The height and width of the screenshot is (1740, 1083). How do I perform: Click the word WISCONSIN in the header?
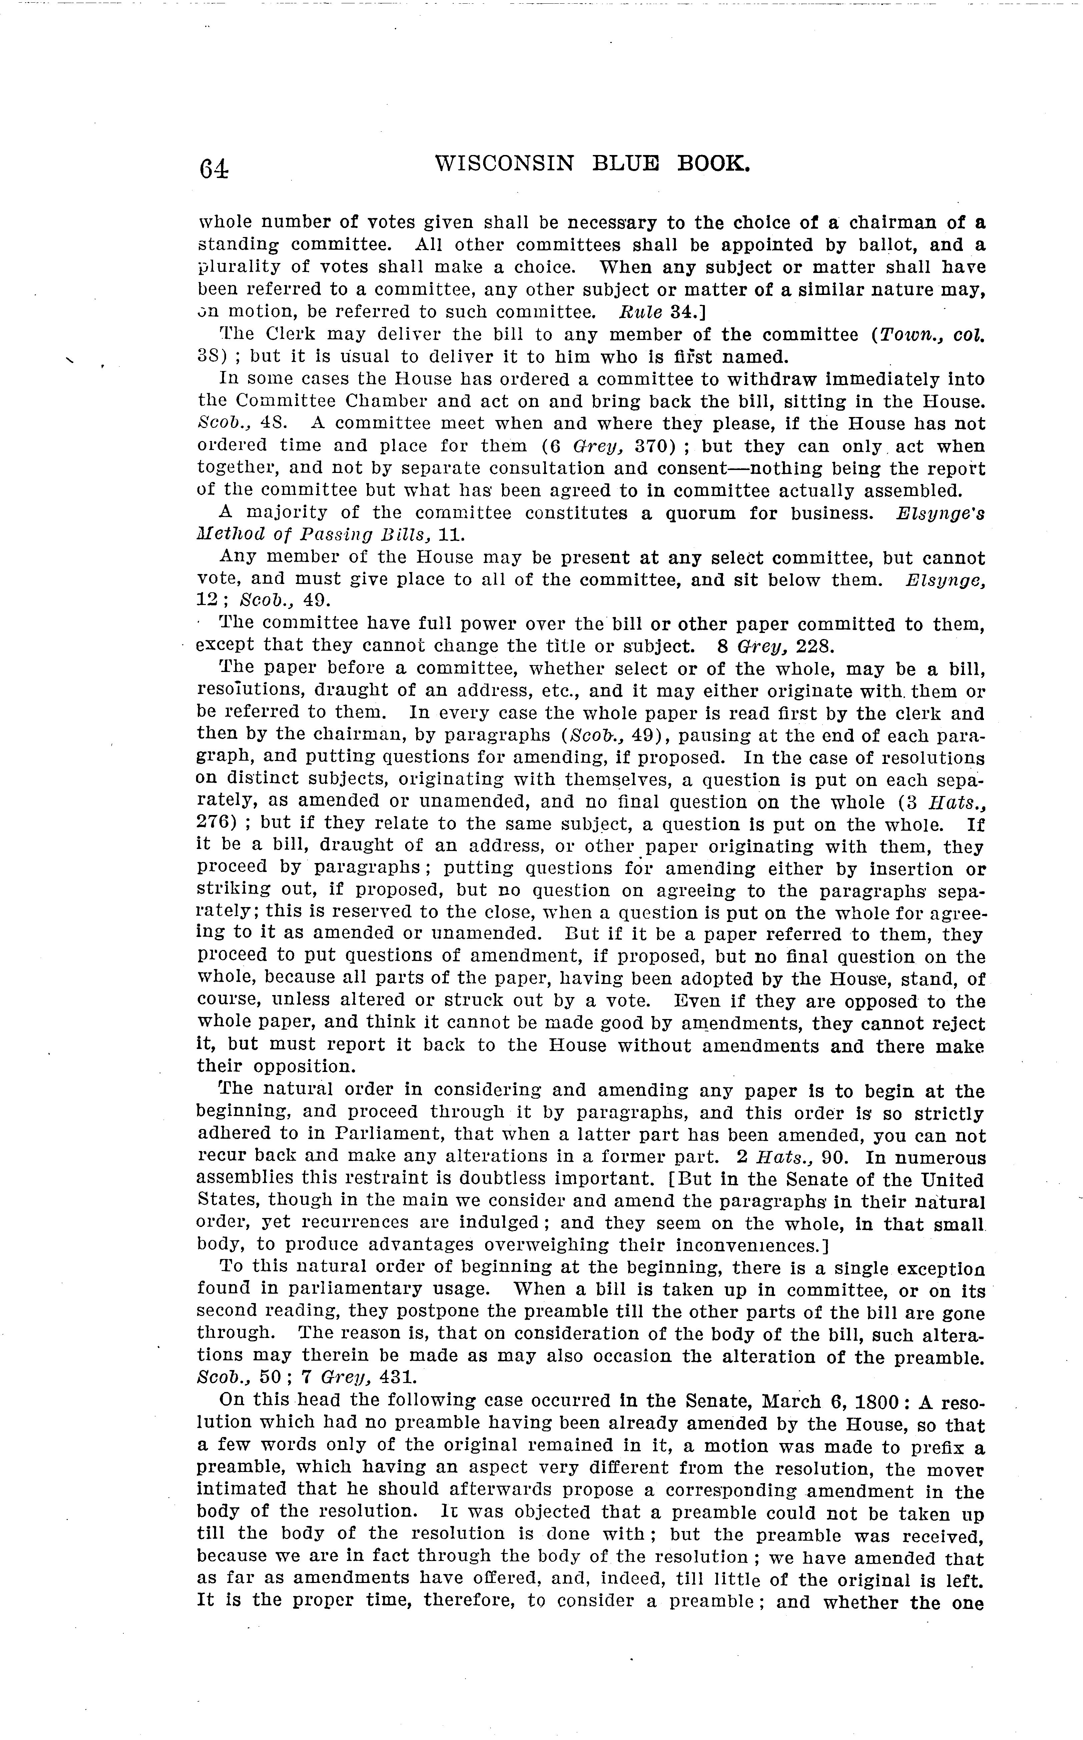click(504, 165)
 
